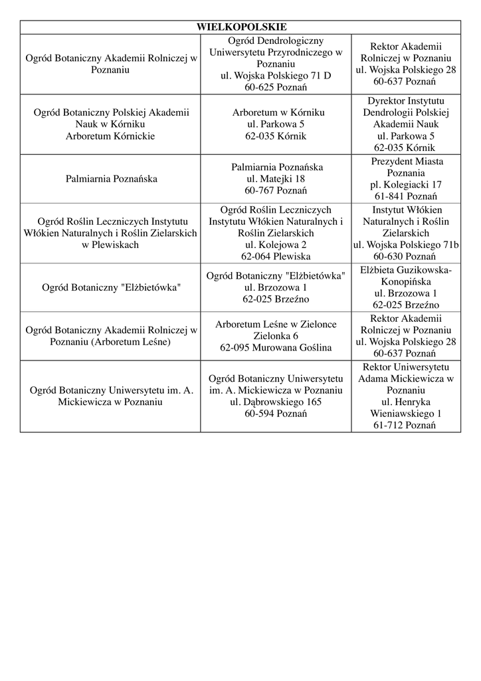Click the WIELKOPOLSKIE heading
pos(241,27)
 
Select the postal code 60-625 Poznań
pos(276,87)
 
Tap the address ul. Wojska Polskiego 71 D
pos(276,76)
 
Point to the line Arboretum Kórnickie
pos(111,136)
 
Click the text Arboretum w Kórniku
pos(276,112)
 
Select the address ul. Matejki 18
pos(276,179)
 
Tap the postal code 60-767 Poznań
pos(276,191)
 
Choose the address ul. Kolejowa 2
pos(276,245)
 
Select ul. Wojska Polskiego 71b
pos(406,245)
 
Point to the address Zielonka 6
pos(276,336)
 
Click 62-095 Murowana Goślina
pos(276,348)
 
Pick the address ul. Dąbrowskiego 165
pos(276,402)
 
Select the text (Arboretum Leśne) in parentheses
pos(131,342)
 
